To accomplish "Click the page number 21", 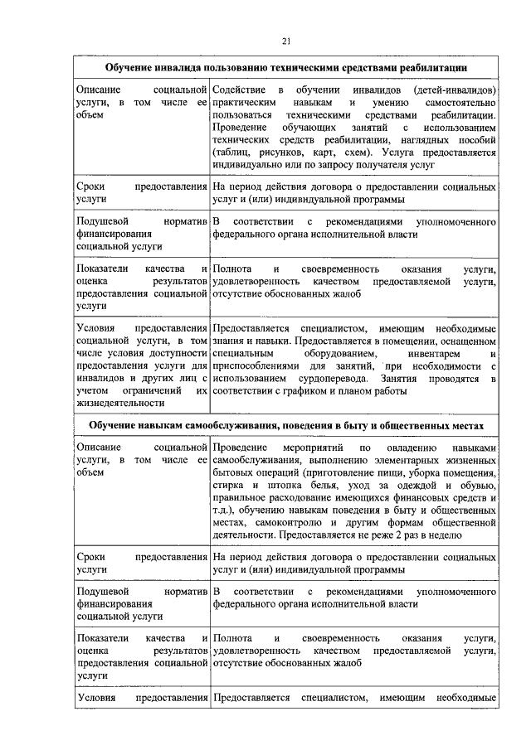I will (x=286, y=41).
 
